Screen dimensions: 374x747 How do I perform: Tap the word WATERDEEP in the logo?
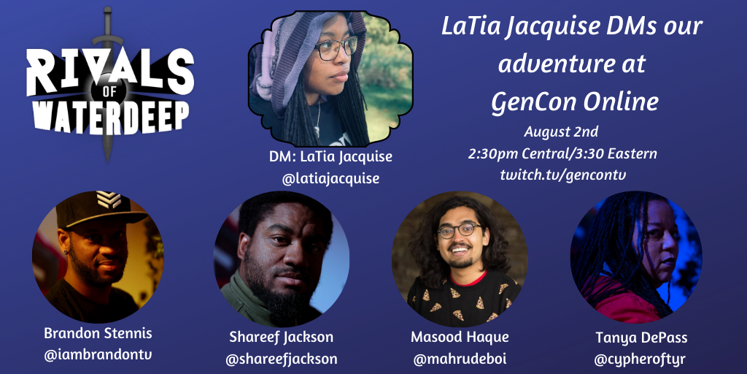(x=108, y=115)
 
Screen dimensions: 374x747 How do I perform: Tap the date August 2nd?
(x=561, y=132)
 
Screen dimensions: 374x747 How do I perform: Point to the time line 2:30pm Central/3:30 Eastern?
(x=562, y=153)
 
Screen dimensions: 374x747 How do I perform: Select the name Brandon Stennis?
(x=98, y=333)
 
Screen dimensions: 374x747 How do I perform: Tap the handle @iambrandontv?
(x=98, y=354)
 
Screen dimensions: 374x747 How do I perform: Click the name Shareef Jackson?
(x=281, y=337)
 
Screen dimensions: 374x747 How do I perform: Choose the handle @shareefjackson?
(x=281, y=359)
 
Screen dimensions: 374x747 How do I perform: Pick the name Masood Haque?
(x=459, y=337)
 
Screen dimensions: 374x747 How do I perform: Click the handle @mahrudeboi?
(x=459, y=358)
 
